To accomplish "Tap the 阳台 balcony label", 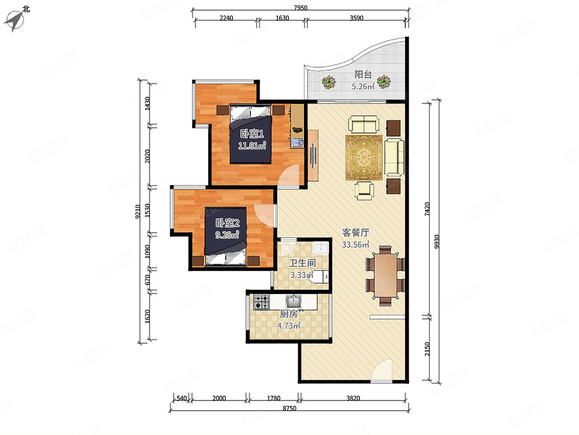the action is [x=363, y=74].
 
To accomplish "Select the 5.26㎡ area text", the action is [x=363, y=86].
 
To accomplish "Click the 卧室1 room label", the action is [x=252, y=134].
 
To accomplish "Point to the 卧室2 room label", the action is [x=228, y=223].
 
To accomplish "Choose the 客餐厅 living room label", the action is [x=356, y=232].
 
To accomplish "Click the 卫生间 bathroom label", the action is [x=303, y=263].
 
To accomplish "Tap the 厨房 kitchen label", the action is [x=289, y=314].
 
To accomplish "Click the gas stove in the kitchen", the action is [x=262, y=302].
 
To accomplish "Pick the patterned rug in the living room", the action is [x=364, y=158].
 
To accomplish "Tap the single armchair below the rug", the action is [x=364, y=190].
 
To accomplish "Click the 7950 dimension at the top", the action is [x=301, y=8].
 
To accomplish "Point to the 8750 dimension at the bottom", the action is [x=289, y=408].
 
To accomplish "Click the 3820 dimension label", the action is [x=353, y=398].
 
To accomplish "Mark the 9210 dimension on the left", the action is [x=137, y=212].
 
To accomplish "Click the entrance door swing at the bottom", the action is [x=382, y=371].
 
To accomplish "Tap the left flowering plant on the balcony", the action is [x=329, y=82].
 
